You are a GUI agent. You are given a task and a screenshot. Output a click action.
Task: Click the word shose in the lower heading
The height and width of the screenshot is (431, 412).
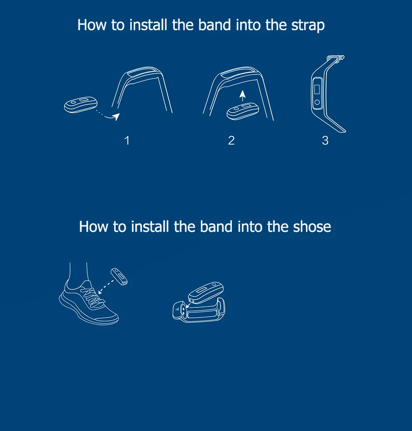pyautogui.click(x=312, y=227)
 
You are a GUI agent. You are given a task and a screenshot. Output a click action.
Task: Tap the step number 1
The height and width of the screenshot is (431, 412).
pyautogui.click(x=127, y=140)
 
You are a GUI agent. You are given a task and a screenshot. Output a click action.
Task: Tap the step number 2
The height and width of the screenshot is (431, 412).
pyautogui.click(x=231, y=140)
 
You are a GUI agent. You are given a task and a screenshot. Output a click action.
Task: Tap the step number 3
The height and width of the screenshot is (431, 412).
pyautogui.click(x=325, y=140)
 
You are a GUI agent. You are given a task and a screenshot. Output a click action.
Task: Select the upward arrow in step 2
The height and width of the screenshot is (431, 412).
pyautogui.click(x=242, y=96)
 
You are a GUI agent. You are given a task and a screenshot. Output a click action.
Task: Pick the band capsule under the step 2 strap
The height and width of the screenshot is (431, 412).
pyautogui.click(x=243, y=111)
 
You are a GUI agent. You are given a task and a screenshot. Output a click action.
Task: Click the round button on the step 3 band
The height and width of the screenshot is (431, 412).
pyautogui.click(x=317, y=102)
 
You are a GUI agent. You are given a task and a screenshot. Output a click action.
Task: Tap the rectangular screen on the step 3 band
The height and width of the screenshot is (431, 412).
pyautogui.click(x=317, y=89)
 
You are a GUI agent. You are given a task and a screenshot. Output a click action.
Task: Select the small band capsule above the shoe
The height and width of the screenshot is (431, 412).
pyautogui.click(x=119, y=277)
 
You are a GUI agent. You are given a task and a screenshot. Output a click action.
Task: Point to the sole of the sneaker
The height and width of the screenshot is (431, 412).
pyautogui.click(x=88, y=313)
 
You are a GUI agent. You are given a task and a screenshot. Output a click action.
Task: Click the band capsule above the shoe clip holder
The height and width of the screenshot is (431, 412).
pyautogui.click(x=206, y=292)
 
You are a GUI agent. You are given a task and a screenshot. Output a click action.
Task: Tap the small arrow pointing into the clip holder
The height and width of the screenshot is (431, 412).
pyautogui.click(x=188, y=306)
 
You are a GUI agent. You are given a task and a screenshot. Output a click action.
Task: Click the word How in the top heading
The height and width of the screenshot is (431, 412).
pyautogui.click(x=92, y=25)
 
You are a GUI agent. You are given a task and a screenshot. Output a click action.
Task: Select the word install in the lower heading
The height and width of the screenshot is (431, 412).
pyautogui.click(x=150, y=227)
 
